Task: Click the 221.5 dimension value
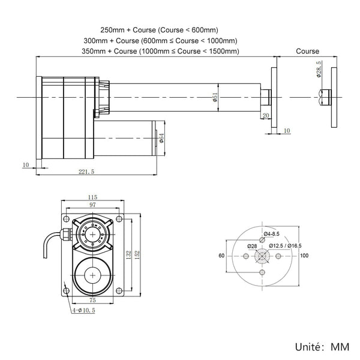click(x=86, y=172)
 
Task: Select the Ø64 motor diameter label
click(x=161, y=139)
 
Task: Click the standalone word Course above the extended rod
click(x=308, y=52)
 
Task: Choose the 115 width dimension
click(x=92, y=197)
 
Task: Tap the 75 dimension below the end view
click(x=92, y=299)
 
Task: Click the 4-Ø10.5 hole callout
click(x=84, y=310)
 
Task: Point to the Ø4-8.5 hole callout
click(x=271, y=233)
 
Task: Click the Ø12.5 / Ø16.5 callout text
click(x=285, y=245)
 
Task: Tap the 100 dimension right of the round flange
click(x=305, y=256)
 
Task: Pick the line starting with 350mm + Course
click(x=160, y=52)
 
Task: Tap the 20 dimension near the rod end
click(x=266, y=115)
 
